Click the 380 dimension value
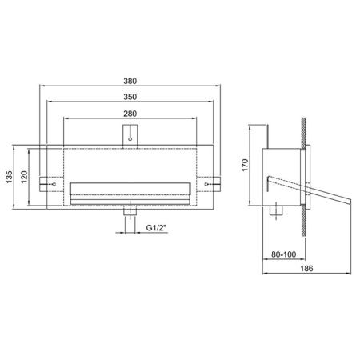(x=130, y=81)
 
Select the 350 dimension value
(x=130, y=97)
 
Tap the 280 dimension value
(x=130, y=114)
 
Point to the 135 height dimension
(x=9, y=177)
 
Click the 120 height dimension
(x=24, y=177)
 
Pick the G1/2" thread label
(x=156, y=228)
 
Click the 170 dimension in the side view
(x=245, y=165)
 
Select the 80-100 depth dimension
(x=284, y=254)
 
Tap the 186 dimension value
(x=306, y=268)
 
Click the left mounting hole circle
(x=54, y=184)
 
